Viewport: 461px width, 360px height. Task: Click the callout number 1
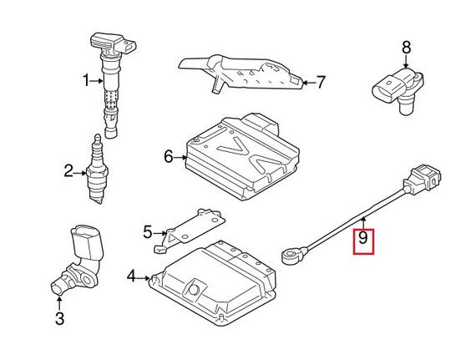point(85,81)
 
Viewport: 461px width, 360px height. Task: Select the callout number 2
point(68,173)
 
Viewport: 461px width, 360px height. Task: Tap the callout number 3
point(58,317)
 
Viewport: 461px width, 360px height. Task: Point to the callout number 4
point(131,276)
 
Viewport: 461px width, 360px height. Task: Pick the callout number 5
point(147,231)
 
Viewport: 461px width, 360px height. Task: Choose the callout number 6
point(168,155)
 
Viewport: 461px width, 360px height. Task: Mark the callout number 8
point(407,47)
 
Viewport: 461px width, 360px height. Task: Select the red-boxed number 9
point(362,241)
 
